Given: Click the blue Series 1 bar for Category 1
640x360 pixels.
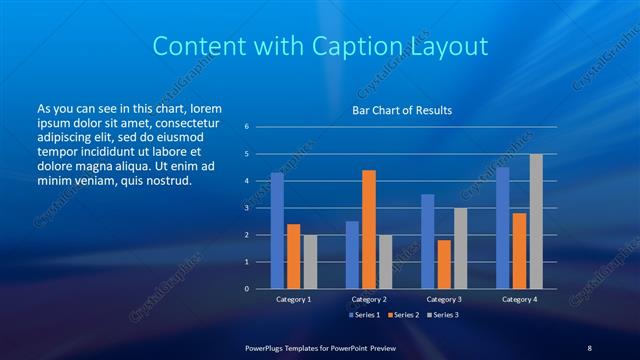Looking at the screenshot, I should pyautogui.click(x=277, y=231).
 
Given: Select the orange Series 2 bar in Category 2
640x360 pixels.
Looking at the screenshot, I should pyautogui.click(x=368, y=229).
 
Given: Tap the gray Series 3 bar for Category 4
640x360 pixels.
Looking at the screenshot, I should pyautogui.click(x=536, y=221).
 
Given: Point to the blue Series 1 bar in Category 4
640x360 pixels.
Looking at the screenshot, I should pyautogui.click(x=503, y=228).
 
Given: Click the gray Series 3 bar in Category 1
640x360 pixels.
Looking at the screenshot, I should pyautogui.click(x=309, y=262).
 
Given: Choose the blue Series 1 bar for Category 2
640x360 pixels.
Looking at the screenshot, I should pyautogui.click(x=352, y=255).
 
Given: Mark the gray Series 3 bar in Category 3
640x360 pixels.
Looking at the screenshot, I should pyautogui.click(x=460, y=248).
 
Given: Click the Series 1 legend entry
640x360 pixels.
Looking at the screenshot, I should pyautogui.click(x=363, y=315).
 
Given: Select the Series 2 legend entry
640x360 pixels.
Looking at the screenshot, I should pyautogui.click(x=402, y=315).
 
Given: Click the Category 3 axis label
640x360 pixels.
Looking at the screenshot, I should pyautogui.click(x=443, y=299).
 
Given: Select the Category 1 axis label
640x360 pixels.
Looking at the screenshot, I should pyautogui.click(x=293, y=299).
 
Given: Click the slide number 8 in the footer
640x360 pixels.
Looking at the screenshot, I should pyautogui.click(x=589, y=348).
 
